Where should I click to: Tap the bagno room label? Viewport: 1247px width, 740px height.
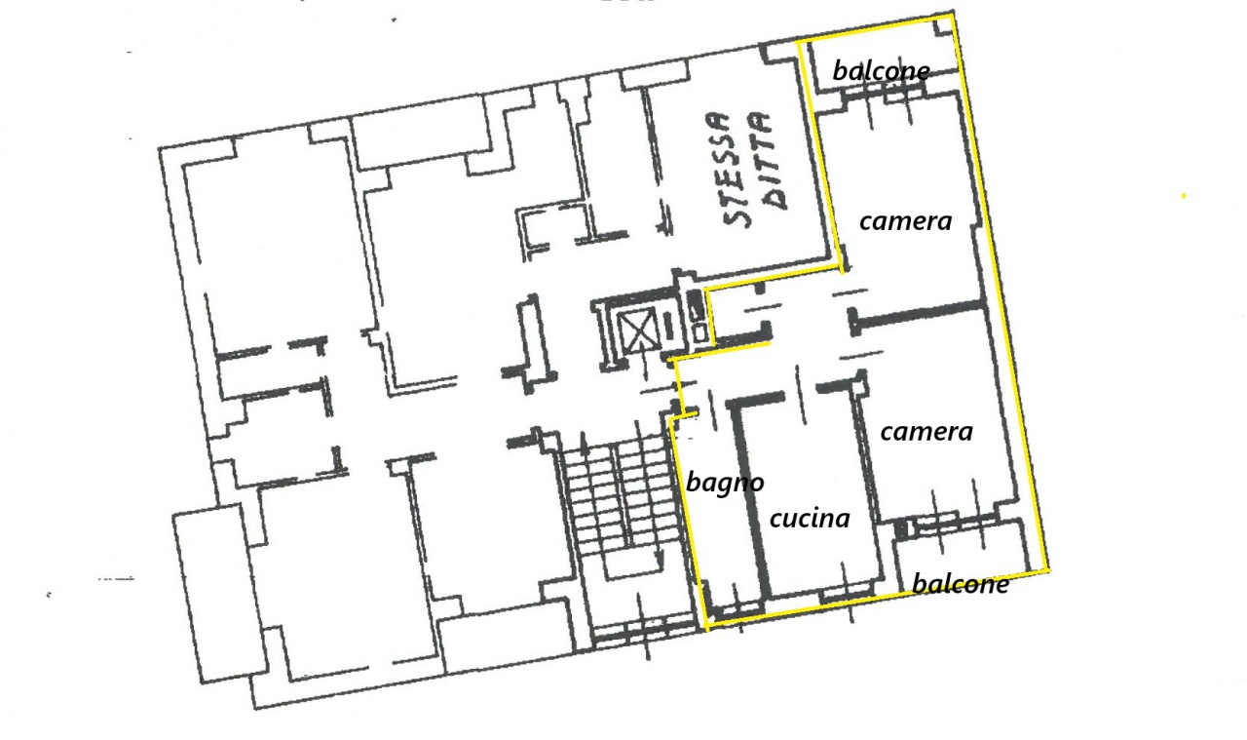click(725, 484)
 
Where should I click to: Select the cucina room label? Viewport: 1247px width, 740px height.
click(810, 519)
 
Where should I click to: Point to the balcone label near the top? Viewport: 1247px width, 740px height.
click(882, 71)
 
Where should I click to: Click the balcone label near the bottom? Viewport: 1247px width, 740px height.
click(961, 584)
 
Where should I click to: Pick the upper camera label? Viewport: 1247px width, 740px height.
click(906, 221)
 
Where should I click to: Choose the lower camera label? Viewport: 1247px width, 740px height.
click(926, 432)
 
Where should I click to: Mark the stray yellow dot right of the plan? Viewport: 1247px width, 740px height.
click(1184, 196)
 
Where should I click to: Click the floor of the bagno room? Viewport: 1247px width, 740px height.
click(719, 535)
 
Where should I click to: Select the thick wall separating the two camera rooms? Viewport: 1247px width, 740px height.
click(918, 314)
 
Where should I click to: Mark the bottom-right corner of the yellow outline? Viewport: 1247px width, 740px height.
click(1049, 569)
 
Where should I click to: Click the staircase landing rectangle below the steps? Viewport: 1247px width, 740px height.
click(633, 565)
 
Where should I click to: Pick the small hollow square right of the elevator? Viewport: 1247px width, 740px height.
click(700, 332)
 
